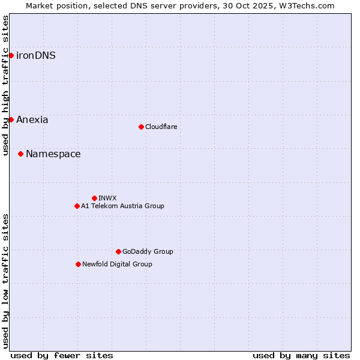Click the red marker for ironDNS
pyautogui.click(x=11, y=55)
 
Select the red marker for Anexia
pyautogui.click(x=11, y=119)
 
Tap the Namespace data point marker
pyautogui.click(x=20, y=154)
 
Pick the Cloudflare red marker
pyautogui.click(x=141, y=127)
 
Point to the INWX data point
pyautogui.click(x=94, y=198)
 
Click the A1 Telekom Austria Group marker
pyautogui.click(x=77, y=206)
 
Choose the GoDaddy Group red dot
pyautogui.click(x=118, y=251)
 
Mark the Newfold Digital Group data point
pyautogui.click(x=78, y=264)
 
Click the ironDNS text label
pyautogui.click(x=36, y=55)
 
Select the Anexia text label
pyautogui.click(x=32, y=119)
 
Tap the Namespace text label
pyautogui.click(x=53, y=154)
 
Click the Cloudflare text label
pyautogui.click(x=161, y=127)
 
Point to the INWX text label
pyautogui.click(x=107, y=198)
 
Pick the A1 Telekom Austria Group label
pyautogui.click(x=122, y=206)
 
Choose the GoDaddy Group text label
pyautogui.click(x=148, y=251)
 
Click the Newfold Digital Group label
pyautogui.click(x=117, y=264)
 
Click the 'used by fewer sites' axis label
pyautogui.click(x=62, y=355)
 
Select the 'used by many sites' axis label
pyautogui.click(x=301, y=355)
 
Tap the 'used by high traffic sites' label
pyautogui.click(x=5, y=85)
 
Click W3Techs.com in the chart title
pyautogui.click(x=305, y=5)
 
